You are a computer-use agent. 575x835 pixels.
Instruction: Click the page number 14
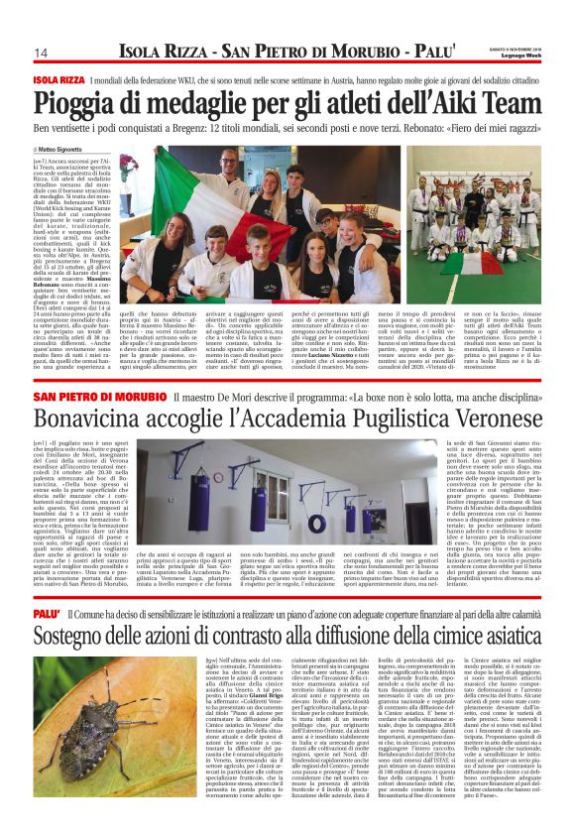point(41,53)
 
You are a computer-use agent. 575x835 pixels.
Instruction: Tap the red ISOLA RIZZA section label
point(57,79)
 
